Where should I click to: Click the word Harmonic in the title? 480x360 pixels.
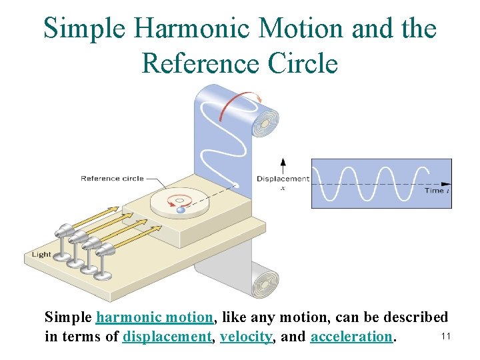coord(204,29)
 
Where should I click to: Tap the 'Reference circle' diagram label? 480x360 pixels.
coord(109,178)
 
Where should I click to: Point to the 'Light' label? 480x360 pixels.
coord(41,254)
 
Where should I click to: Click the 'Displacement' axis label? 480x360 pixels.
coord(283,178)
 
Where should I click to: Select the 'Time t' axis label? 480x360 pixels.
coord(437,191)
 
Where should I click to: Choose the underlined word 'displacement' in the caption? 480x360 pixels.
coord(167,337)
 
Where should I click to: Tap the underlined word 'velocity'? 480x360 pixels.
coord(246,337)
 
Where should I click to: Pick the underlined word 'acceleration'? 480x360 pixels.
coord(351,337)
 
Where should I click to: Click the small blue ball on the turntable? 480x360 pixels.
coord(181,210)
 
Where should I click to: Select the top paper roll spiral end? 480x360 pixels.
coord(271,123)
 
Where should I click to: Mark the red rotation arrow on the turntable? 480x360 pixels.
coord(179,199)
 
